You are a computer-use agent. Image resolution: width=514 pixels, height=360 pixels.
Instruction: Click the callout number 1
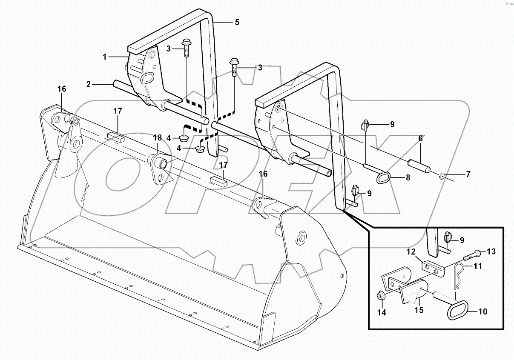(x=104, y=56)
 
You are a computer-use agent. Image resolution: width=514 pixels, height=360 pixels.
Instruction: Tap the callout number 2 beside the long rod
(x=88, y=84)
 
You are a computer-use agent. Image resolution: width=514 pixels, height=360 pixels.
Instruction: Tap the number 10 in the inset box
(x=482, y=311)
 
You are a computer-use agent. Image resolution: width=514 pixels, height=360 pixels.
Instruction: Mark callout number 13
(x=491, y=251)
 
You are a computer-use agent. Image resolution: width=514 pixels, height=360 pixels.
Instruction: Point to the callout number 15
(x=419, y=310)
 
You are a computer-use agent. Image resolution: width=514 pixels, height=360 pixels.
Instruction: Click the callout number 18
(x=157, y=137)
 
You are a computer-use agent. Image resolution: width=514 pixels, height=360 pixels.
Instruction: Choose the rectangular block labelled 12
(x=432, y=267)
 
